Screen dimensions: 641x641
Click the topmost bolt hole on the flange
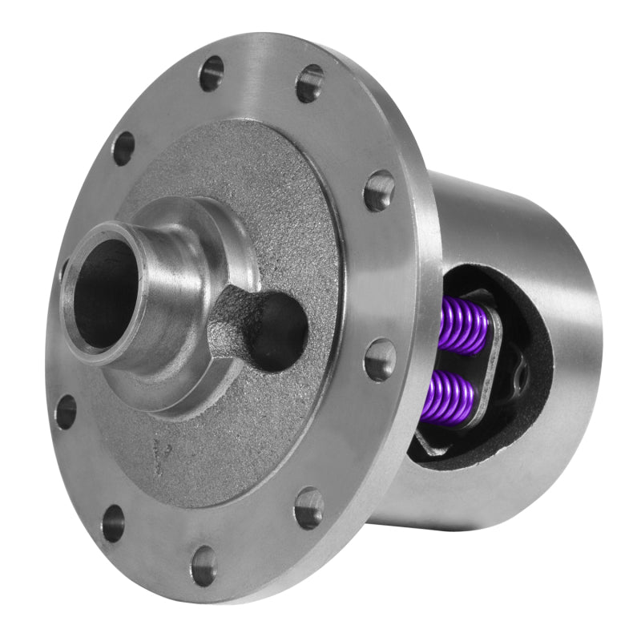[212, 73]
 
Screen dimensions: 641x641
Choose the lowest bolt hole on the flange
[204, 565]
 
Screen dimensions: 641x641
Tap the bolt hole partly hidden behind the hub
[64, 268]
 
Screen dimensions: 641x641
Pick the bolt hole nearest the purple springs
[380, 360]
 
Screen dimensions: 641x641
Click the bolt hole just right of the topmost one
[309, 83]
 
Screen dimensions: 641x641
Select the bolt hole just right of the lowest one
[309, 506]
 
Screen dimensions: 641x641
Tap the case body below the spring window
[489, 497]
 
